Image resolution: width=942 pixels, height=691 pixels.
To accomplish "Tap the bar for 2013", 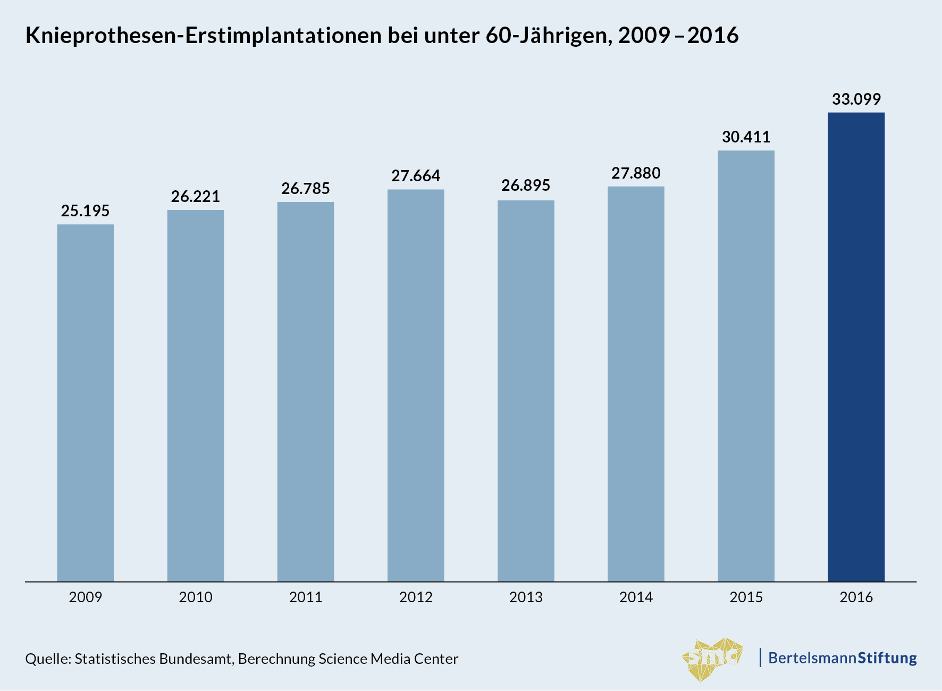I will [x=526, y=391].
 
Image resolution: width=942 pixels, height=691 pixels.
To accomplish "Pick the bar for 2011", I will [x=306, y=391].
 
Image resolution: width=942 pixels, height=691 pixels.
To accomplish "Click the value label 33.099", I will [x=856, y=99].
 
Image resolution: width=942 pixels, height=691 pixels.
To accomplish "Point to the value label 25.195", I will [x=85, y=211].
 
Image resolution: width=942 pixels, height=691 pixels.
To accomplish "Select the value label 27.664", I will [x=416, y=176].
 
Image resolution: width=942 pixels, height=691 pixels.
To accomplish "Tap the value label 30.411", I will [x=746, y=137].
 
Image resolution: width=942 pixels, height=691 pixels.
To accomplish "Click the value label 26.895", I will [x=526, y=186].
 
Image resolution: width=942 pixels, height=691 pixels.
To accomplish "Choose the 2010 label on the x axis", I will [x=196, y=597].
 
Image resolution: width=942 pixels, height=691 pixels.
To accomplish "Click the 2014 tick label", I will [x=636, y=597].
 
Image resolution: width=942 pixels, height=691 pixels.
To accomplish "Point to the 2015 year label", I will [x=746, y=597].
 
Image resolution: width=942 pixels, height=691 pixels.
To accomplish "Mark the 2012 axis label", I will [x=416, y=597].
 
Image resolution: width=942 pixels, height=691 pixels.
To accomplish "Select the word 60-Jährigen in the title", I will [x=547, y=36].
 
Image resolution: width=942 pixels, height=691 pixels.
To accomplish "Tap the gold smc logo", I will [x=712, y=659].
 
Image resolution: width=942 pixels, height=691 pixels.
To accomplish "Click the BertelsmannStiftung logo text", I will [x=843, y=658].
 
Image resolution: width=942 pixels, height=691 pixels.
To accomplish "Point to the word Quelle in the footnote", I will [x=48, y=659].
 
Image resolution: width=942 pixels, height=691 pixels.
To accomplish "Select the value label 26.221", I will [x=196, y=197].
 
